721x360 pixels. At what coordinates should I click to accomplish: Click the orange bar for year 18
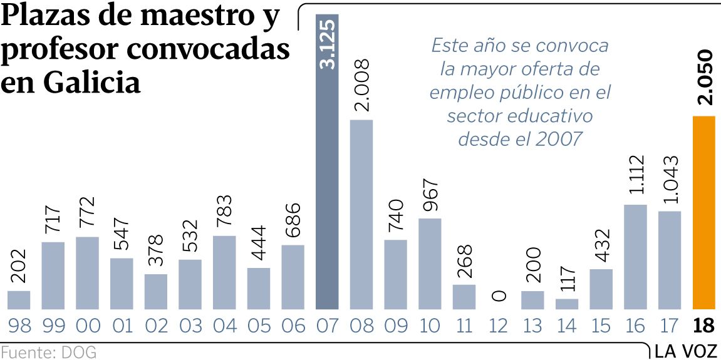click(x=703, y=213)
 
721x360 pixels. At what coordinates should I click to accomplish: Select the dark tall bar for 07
click(x=326, y=163)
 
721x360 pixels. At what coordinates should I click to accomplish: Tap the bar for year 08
click(x=361, y=214)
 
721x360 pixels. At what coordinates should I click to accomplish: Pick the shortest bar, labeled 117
click(x=566, y=304)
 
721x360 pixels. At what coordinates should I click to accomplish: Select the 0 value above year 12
click(x=499, y=295)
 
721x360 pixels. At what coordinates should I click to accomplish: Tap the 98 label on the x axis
click(x=18, y=326)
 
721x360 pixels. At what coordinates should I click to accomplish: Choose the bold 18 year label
click(x=704, y=326)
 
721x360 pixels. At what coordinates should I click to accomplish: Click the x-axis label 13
click(x=532, y=326)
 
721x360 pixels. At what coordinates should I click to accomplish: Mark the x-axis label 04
click(x=224, y=326)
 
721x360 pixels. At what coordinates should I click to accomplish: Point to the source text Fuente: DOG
click(x=49, y=352)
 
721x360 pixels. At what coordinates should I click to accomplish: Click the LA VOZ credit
click(x=686, y=351)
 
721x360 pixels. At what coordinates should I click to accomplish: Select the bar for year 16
click(x=635, y=257)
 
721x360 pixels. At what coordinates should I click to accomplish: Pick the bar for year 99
click(x=53, y=275)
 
